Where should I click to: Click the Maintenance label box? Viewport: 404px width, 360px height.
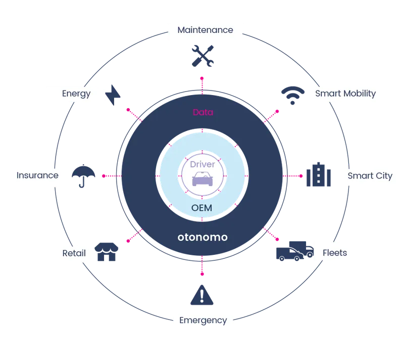205,30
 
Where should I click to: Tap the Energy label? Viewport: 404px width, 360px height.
76,94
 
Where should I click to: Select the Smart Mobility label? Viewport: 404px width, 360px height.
345,94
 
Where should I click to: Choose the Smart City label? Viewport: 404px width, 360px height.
370,176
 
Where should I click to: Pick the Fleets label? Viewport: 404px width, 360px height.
335,252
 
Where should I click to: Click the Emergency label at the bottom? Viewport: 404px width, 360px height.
203,320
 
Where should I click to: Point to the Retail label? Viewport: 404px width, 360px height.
74,253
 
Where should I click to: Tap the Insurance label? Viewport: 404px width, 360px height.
37,176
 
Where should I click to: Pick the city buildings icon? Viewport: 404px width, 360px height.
320,175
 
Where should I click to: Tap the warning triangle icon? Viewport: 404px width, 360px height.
203,295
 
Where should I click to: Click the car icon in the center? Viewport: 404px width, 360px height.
202,179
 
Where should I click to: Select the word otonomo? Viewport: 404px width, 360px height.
203,237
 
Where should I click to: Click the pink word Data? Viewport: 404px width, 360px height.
203,113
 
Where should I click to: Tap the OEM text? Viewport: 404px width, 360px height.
202,208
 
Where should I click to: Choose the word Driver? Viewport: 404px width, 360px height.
202,164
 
